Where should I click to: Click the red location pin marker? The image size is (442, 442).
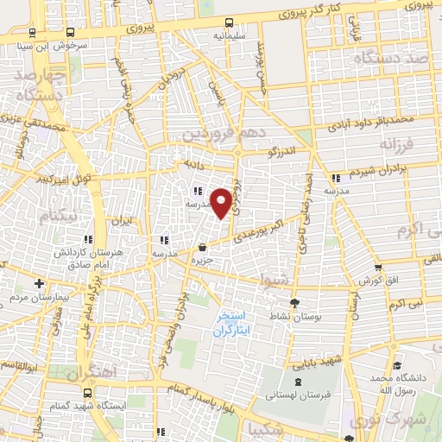coord(222,202)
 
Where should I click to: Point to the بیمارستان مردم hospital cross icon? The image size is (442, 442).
coord(38,282)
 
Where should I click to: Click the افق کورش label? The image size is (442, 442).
coord(377,281)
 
